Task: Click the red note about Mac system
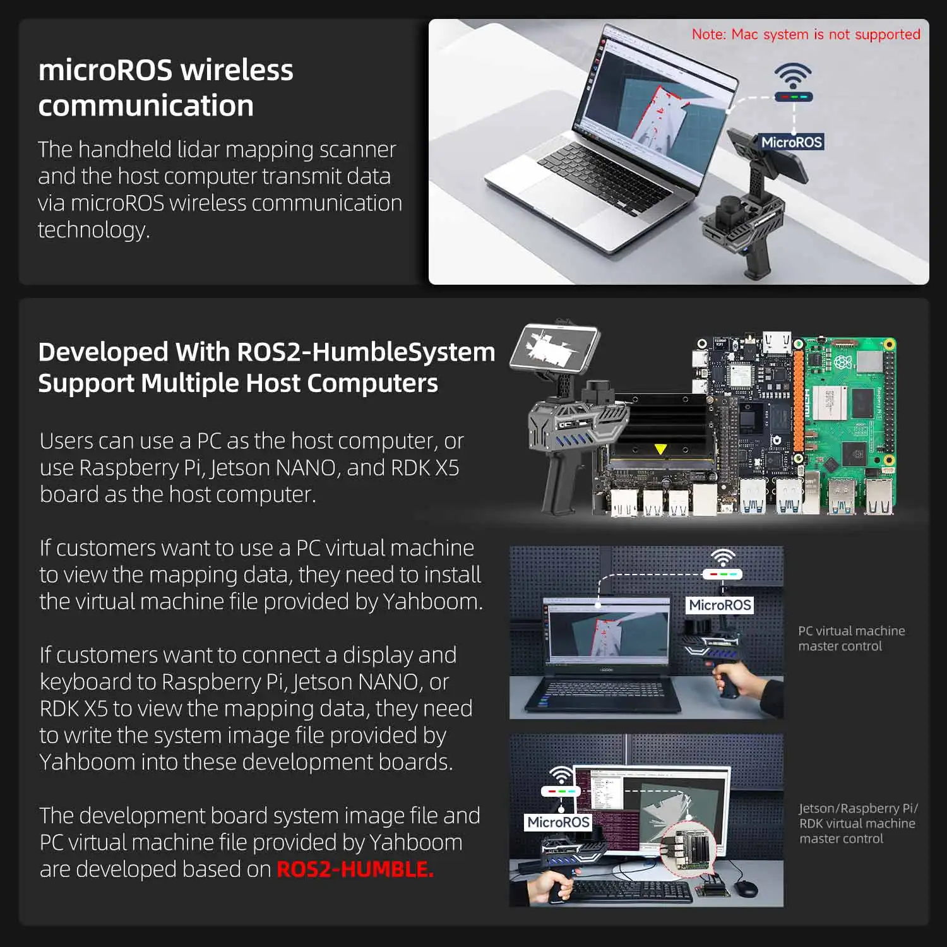806,34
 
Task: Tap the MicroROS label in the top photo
791,142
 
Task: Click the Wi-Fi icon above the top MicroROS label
793,76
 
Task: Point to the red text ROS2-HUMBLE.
355,869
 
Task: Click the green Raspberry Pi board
846,410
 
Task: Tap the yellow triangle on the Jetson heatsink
660,449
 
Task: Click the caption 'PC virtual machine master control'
850,638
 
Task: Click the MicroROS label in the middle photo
720,605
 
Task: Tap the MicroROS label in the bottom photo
558,822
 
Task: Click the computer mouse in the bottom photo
746,888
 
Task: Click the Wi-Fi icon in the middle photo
722,558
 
